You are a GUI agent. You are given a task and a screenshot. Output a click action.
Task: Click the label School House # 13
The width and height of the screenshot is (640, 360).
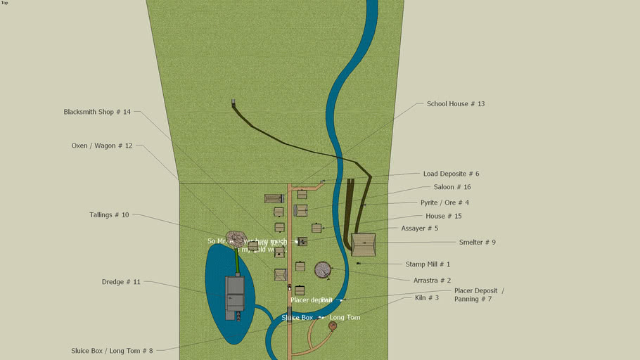click(x=455, y=104)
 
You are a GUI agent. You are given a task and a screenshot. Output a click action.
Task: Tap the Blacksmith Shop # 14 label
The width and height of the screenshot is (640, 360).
click(x=97, y=112)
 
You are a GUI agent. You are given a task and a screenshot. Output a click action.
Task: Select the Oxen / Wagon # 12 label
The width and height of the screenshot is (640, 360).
click(x=101, y=146)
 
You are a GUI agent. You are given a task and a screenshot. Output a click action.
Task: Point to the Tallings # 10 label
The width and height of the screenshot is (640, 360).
click(x=109, y=214)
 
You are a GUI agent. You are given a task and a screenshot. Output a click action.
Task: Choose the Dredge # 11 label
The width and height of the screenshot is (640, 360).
click(x=121, y=282)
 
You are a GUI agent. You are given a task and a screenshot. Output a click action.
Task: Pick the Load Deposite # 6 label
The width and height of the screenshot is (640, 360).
click(x=451, y=174)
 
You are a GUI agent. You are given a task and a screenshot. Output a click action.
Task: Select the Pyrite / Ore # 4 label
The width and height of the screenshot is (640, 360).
click(x=444, y=202)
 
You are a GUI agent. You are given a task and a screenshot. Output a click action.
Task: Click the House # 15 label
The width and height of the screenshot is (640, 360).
click(x=443, y=216)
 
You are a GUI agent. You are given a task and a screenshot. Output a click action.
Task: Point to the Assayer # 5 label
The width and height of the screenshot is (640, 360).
click(x=419, y=229)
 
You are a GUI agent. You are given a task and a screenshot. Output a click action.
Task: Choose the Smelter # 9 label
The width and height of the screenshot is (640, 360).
click(x=477, y=242)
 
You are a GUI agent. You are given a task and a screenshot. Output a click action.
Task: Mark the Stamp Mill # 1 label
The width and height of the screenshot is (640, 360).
click(x=428, y=264)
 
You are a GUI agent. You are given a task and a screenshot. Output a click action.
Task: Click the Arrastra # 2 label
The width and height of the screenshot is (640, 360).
click(x=432, y=280)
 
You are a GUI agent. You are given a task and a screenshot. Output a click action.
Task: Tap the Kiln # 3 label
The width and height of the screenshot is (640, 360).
click(x=426, y=298)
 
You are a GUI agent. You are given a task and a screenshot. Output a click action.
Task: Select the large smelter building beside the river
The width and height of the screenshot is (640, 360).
click(x=364, y=245)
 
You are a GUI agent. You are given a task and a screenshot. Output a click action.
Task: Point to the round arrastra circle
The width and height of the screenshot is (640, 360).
click(x=323, y=270)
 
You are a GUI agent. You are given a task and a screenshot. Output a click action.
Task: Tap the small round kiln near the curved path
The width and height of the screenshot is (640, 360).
click(x=332, y=326)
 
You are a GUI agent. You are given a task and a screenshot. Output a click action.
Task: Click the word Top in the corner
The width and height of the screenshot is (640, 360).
click(x=4, y=3)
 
